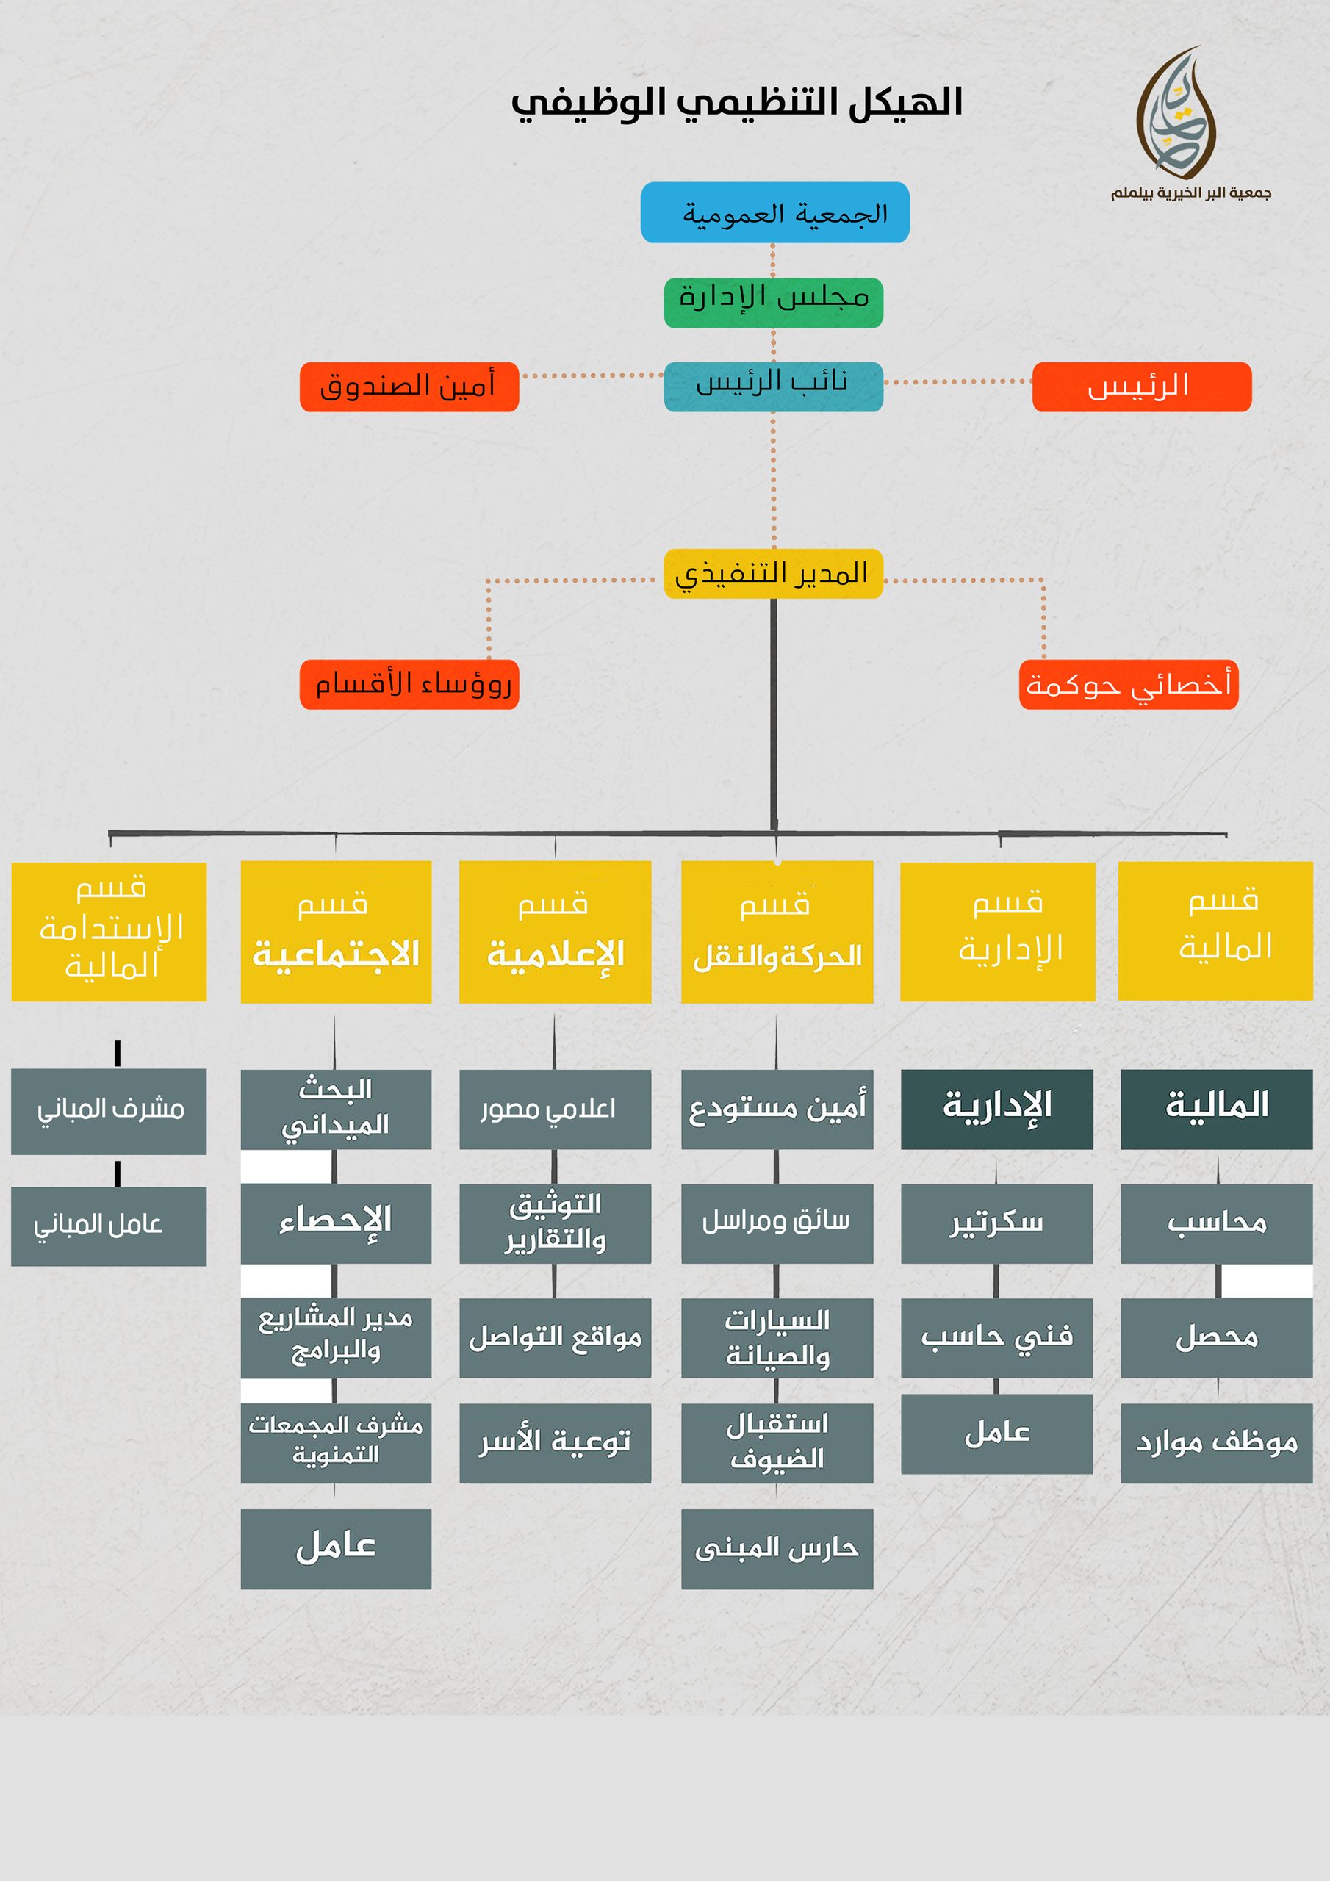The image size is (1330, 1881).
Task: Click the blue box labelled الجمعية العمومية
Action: click(774, 212)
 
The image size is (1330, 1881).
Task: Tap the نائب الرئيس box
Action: click(773, 386)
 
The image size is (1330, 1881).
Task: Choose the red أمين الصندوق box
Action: click(409, 386)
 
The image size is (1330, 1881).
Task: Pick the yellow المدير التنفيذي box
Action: click(773, 573)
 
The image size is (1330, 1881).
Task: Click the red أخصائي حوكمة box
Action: click(1128, 684)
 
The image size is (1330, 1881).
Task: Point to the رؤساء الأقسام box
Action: click(409, 684)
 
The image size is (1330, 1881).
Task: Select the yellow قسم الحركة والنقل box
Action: click(777, 932)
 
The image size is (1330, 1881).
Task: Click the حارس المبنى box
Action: click(777, 1548)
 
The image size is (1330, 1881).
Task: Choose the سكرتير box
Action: click(996, 1223)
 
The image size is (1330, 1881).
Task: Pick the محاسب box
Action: click(1216, 1223)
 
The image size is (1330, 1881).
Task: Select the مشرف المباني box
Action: click(109, 1111)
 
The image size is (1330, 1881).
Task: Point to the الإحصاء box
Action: click(336, 1223)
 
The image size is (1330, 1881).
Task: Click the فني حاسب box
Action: click(996, 1337)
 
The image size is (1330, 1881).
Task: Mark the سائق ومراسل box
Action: click(777, 1223)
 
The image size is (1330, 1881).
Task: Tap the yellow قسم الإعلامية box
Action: click(555, 932)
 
